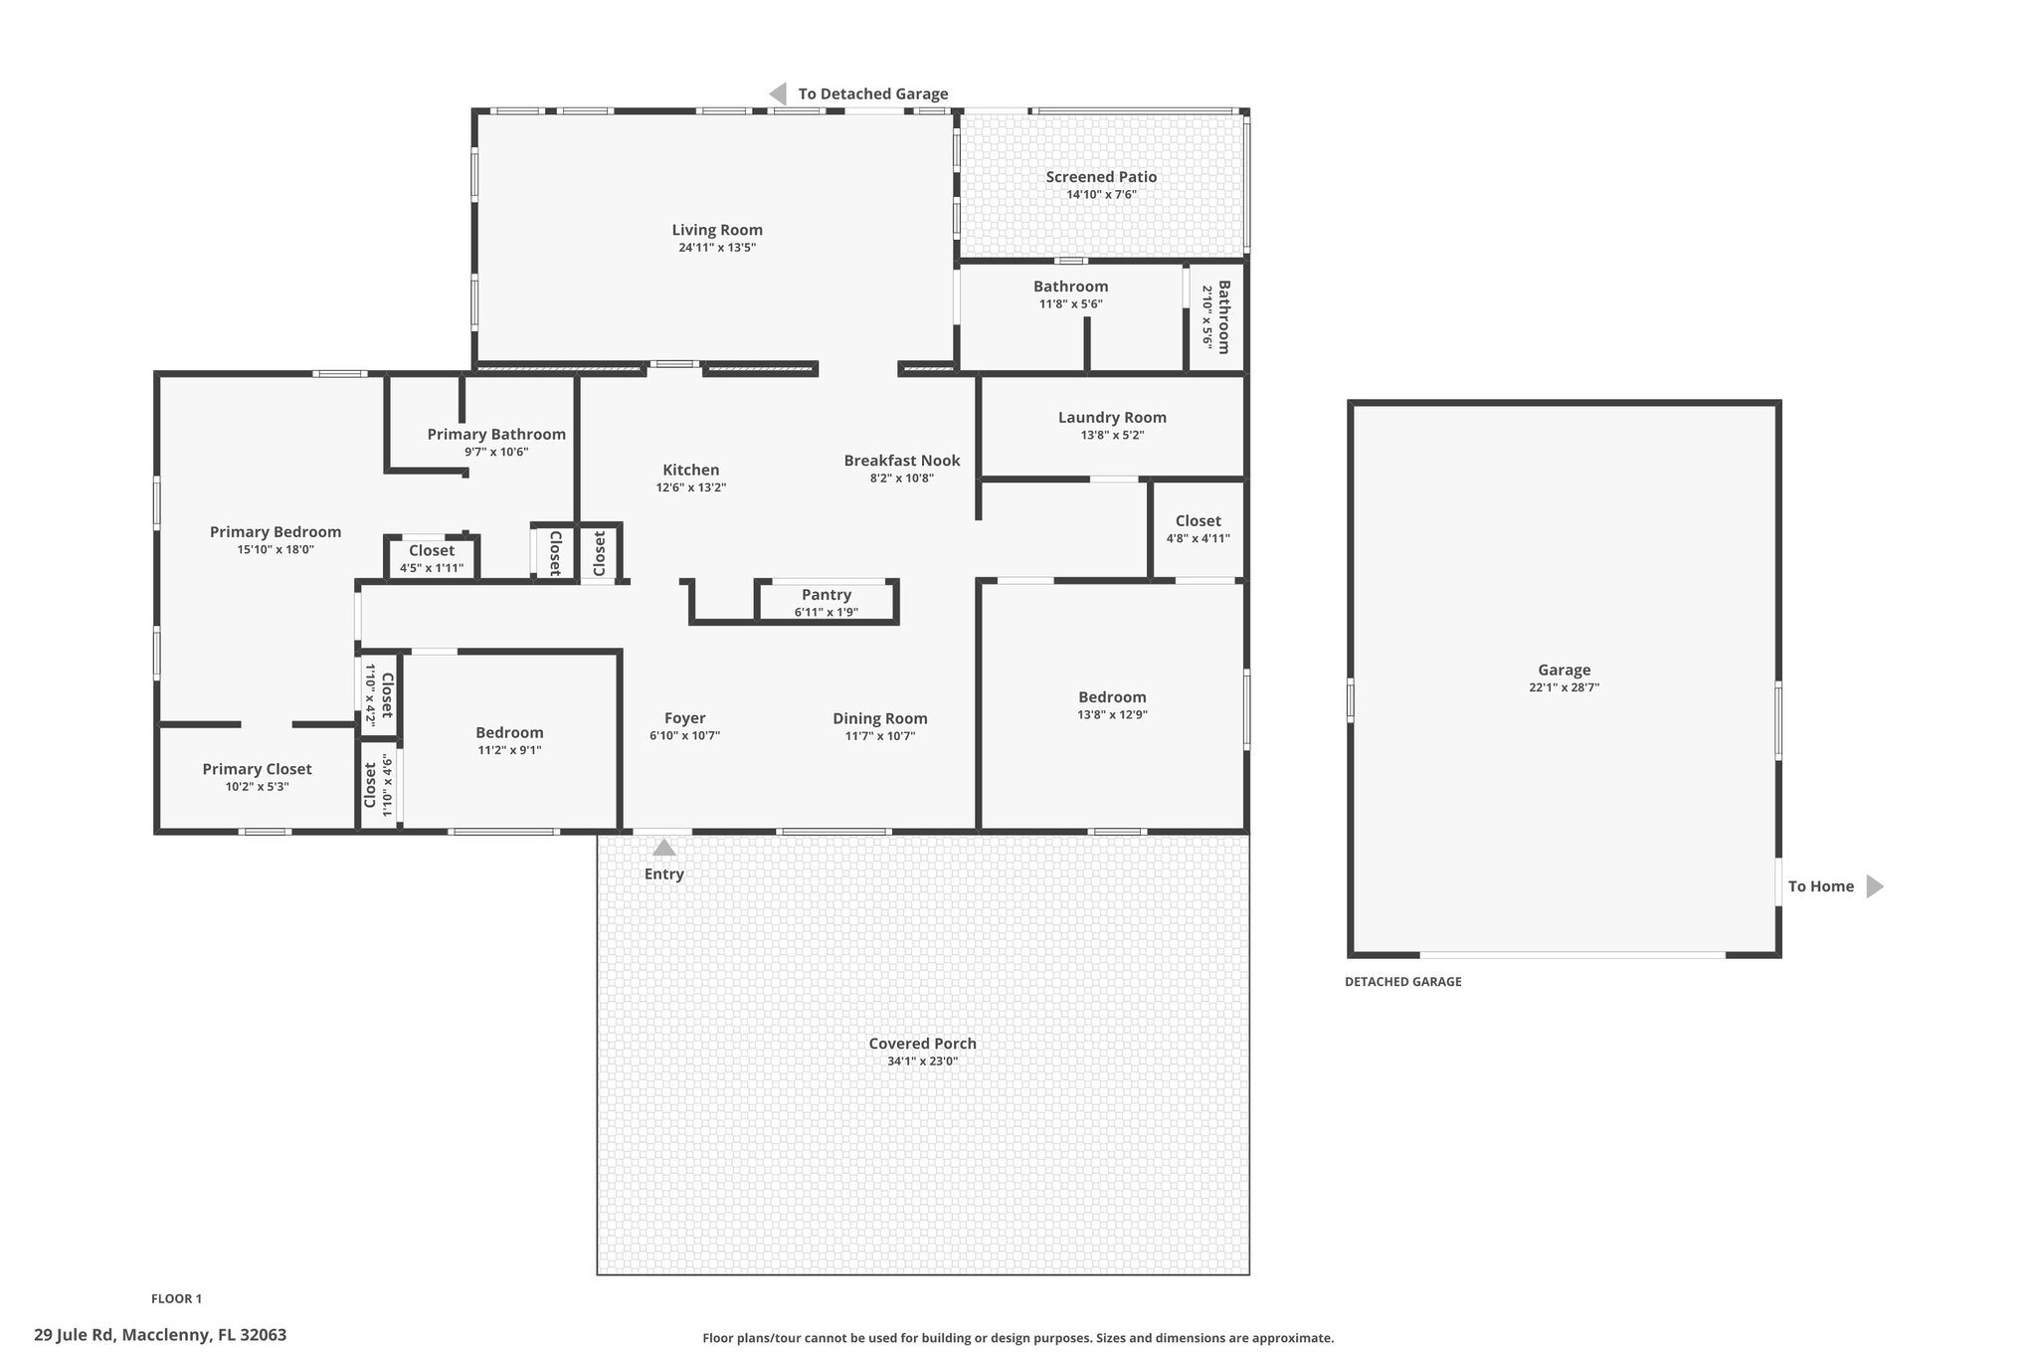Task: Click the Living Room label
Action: pyautogui.click(x=717, y=230)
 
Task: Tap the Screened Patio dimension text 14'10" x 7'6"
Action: pyautogui.click(x=1101, y=195)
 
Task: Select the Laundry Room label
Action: pyautogui.click(x=1112, y=418)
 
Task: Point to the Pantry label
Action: pyautogui.click(x=827, y=595)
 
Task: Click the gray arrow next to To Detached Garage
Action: pyautogui.click(x=778, y=94)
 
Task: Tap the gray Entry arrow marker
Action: pyautogui.click(x=663, y=848)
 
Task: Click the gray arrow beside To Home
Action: pyautogui.click(x=1875, y=886)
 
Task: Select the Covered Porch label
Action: pyautogui.click(x=923, y=1044)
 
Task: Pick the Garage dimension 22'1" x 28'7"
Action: pyautogui.click(x=1565, y=687)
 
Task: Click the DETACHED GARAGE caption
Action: pyautogui.click(x=1403, y=982)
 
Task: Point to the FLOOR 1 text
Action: pyautogui.click(x=176, y=1298)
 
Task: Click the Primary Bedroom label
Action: pyautogui.click(x=276, y=532)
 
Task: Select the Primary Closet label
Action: pyautogui.click(x=257, y=769)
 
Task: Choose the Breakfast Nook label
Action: pyautogui.click(x=902, y=461)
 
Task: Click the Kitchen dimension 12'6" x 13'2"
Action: pyautogui.click(x=691, y=487)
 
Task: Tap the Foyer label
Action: pyautogui.click(x=685, y=718)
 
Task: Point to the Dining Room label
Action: pyautogui.click(x=880, y=718)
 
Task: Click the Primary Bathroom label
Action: pyautogui.click(x=496, y=434)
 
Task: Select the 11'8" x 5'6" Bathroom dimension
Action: pyautogui.click(x=1071, y=304)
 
